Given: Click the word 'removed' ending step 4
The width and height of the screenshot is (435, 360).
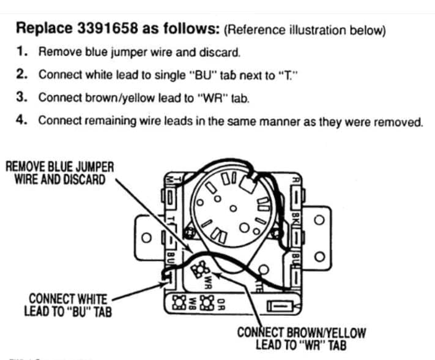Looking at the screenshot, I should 401,121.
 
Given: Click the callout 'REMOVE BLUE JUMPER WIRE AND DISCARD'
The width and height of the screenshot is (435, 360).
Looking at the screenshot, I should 59,172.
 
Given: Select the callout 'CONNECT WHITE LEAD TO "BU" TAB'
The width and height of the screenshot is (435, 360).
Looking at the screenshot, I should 67,305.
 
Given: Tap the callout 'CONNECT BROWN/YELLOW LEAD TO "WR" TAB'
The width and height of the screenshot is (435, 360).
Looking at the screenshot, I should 301,339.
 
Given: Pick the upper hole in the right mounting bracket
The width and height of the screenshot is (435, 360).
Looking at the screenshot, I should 318,220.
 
